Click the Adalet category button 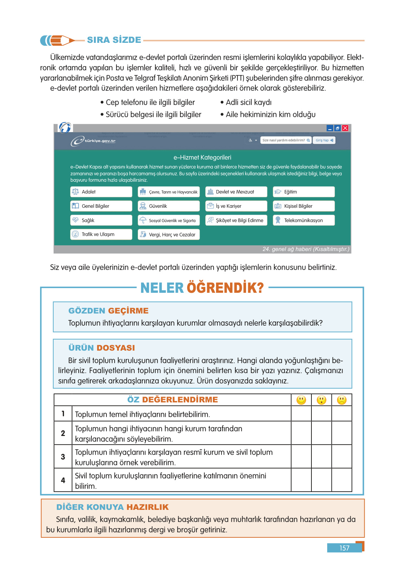(x=101, y=192)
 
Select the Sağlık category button (x=101, y=220)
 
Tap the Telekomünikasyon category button (x=304, y=220)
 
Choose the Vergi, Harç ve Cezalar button (x=169, y=235)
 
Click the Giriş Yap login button (x=324, y=140)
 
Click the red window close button (x=345, y=128)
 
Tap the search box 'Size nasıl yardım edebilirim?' (x=286, y=140)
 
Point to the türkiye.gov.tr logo (x=93, y=141)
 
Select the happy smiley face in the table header (x=301, y=400)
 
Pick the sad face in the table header (x=342, y=400)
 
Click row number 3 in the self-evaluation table (x=63, y=457)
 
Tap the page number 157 (x=344, y=548)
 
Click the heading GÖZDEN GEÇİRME (x=108, y=311)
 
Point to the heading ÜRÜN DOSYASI (x=101, y=348)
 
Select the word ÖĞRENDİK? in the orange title (x=225, y=288)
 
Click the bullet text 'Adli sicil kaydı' (x=249, y=102)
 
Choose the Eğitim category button (x=304, y=192)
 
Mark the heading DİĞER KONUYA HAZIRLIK (x=112, y=507)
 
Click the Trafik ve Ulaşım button (x=101, y=235)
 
